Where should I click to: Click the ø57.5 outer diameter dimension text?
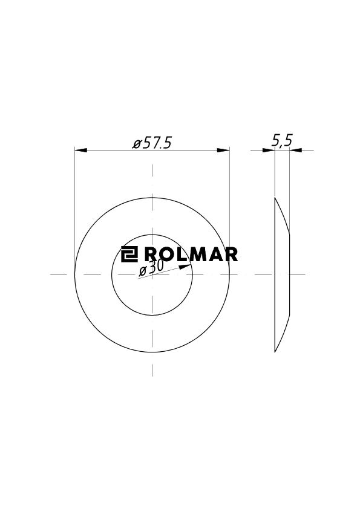click(x=152, y=143)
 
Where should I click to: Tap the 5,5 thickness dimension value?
click(x=282, y=141)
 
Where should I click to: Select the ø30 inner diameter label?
click(x=151, y=267)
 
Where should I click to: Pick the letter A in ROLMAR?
click(x=212, y=254)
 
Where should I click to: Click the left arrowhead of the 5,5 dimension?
click(x=269, y=150)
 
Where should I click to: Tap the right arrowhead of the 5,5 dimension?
click(x=295, y=150)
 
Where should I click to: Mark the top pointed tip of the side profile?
click(x=275, y=198)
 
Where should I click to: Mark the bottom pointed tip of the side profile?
click(x=275, y=352)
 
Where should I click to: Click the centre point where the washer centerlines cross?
click(x=152, y=274)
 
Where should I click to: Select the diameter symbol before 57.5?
click(x=137, y=144)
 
